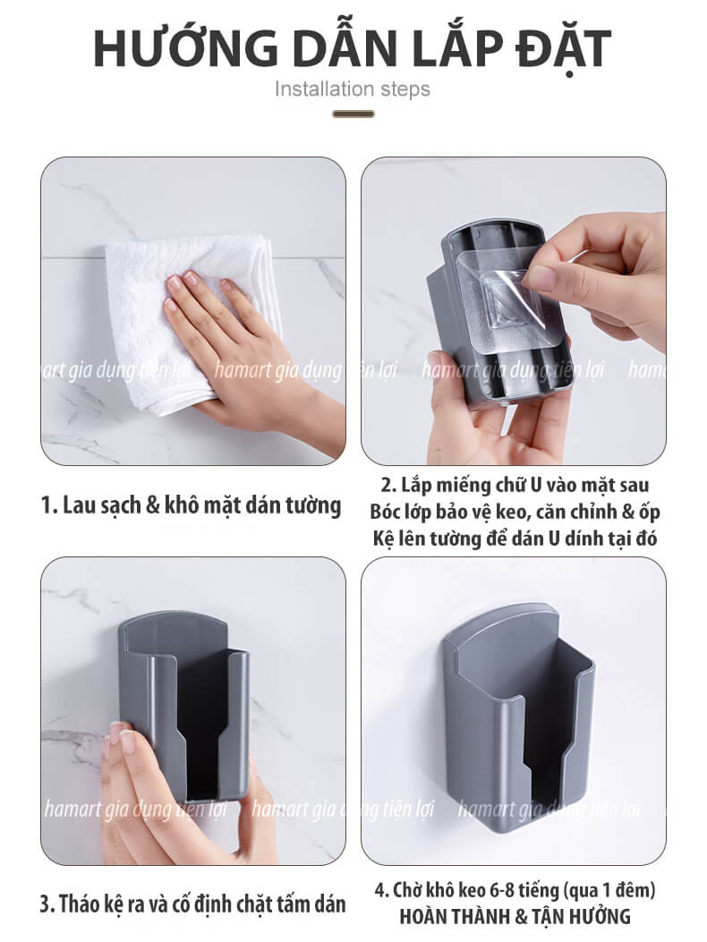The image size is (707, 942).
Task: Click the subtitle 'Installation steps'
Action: tap(353, 89)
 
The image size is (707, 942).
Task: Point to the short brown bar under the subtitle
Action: tap(353, 114)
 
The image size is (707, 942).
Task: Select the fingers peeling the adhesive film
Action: tap(595, 276)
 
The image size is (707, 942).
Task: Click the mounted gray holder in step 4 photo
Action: tap(517, 718)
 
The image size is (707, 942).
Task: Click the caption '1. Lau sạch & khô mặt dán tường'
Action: tap(191, 505)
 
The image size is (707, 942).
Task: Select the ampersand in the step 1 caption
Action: tap(154, 505)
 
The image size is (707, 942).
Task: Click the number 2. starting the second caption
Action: tap(388, 485)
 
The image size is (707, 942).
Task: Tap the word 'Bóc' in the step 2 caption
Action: tap(386, 511)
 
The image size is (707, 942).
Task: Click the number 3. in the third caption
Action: tap(48, 904)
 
